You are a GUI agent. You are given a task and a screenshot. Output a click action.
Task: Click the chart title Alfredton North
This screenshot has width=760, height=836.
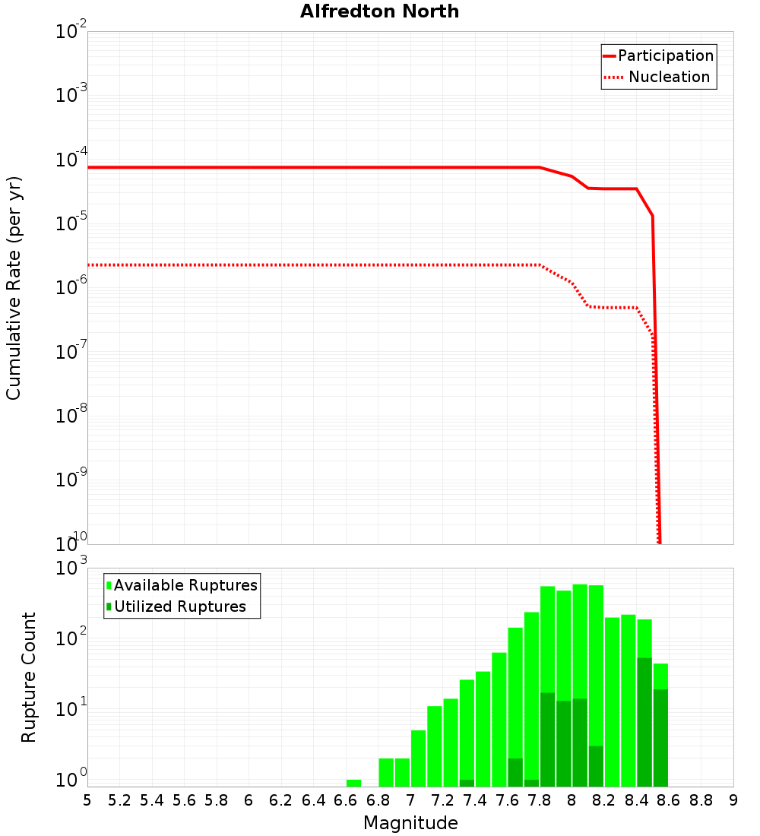click(379, 11)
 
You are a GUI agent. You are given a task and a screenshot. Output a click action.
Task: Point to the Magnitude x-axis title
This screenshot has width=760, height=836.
click(410, 823)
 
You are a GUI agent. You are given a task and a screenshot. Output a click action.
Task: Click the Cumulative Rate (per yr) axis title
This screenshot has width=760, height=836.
click(14, 288)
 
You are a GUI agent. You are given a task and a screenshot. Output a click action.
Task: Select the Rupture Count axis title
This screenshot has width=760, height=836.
click(29, 677)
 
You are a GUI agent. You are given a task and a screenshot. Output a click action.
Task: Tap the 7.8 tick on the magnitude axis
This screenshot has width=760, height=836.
click(540, 800)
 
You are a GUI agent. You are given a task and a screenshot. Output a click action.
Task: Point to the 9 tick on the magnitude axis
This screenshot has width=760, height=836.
click(733, 800)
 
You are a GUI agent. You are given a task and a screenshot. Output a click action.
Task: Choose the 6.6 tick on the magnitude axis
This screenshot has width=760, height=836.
click(346, 800)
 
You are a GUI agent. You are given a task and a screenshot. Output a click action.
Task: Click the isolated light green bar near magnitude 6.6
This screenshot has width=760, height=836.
click(353, 783)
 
